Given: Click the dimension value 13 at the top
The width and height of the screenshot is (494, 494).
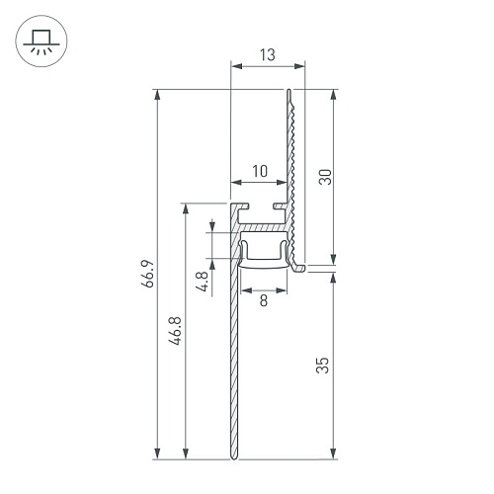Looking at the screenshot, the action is pos(267,55).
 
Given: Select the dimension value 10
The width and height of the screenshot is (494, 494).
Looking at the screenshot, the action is pos(260,171).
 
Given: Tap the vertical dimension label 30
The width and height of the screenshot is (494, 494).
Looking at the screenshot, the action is pos(325,177).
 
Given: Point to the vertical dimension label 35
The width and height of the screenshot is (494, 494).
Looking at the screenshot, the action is pos(322,366).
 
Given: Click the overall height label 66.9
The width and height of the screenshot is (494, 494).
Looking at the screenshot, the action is pos(147,274).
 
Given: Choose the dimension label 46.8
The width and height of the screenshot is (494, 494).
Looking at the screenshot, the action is pos(175,331).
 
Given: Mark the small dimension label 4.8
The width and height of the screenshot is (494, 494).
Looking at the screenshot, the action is pos(203,282).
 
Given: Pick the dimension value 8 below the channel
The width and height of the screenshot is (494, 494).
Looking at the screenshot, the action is pos(264,300).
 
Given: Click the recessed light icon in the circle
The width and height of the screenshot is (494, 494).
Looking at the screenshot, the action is pos(41,41).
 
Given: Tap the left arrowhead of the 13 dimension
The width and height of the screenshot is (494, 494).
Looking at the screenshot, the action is pos(236,66).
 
